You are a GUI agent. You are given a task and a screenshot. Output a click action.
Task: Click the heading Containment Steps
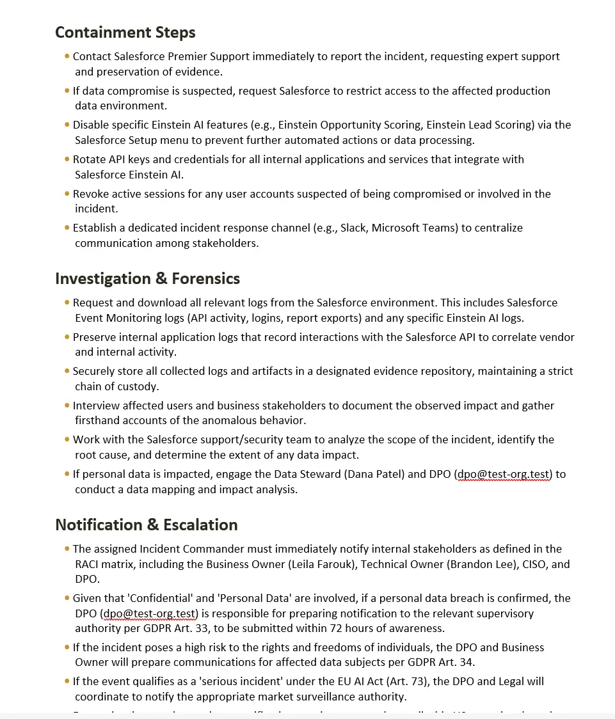click(x=125, y=33)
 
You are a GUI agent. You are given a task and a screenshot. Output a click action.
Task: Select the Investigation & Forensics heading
click(x=147, y=278)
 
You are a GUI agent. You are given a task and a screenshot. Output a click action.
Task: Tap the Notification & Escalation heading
click(x=146, y=525)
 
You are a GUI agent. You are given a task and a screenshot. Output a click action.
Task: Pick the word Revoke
click(x=90, y=194)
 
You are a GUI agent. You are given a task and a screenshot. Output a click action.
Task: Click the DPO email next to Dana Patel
click(x=504, y=474)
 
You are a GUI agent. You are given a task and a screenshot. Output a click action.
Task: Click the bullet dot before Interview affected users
click(x=67, y=405)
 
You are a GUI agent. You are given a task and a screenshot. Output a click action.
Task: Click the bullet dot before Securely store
click(x=67, y=371)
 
